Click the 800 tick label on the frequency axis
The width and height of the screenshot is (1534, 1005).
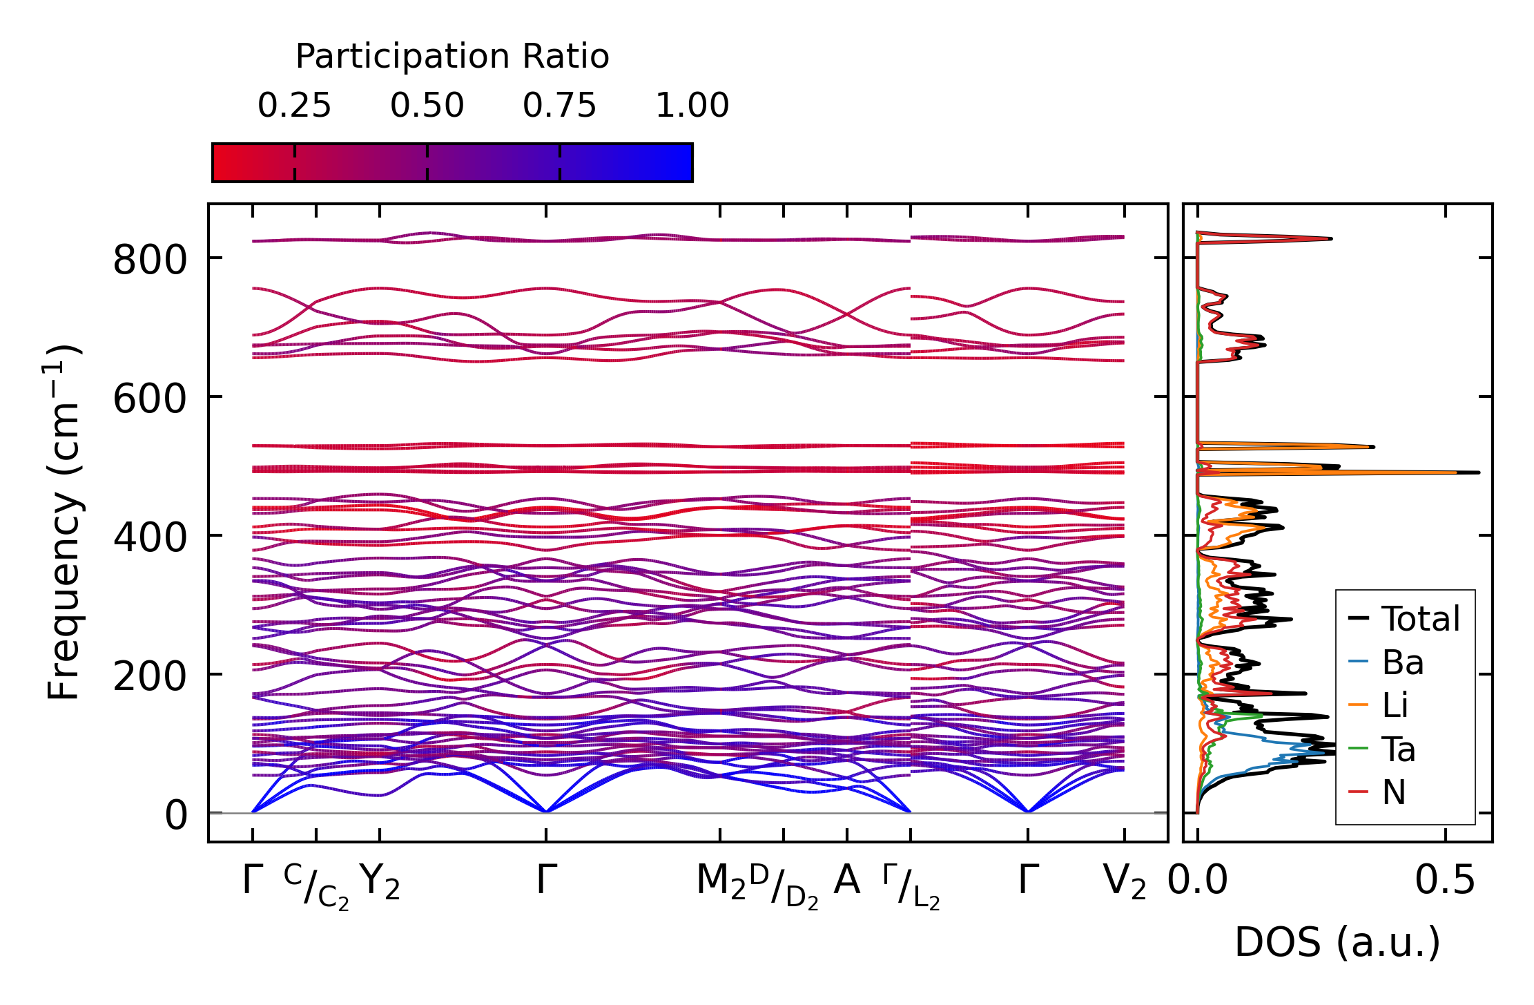(150, 261)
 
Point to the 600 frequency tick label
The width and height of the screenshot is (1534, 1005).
(150, 399)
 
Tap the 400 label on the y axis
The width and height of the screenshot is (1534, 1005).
(150, 538)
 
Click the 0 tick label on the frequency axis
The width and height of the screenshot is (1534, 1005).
(176, 816)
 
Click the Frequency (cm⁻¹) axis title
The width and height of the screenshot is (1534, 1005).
(64, 522)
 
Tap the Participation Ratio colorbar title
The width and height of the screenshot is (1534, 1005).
(452, 56)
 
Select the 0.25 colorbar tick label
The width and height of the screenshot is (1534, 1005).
(295, 106)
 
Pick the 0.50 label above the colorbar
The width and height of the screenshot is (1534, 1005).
(427, 106)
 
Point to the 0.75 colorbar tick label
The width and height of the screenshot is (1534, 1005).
(559, 106)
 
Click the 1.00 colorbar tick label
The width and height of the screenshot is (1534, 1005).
(692, 106)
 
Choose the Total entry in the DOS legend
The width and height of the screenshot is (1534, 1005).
(1420, 618)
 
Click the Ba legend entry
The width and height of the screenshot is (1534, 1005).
(1402, 662)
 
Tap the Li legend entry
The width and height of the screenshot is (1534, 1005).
(1395, 705)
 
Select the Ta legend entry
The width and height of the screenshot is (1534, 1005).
(1398, 749)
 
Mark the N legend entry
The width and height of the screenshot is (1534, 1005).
(1394, 792)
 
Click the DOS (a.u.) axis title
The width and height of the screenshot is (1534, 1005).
(1337, 942)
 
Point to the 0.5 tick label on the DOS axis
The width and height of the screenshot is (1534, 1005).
(1445, 881)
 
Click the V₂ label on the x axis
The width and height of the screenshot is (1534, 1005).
(1125, 882)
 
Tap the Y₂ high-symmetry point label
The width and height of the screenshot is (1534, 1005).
(380, 882)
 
